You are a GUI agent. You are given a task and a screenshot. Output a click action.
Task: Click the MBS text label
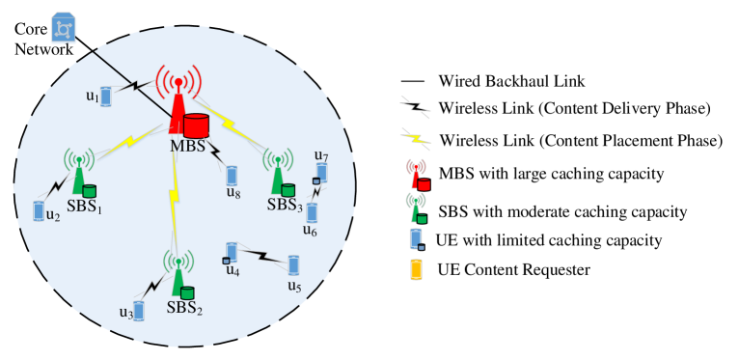pyautogui.click(x=187, y=146)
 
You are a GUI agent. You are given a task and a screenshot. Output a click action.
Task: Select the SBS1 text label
pyautogui.click(x=84, y=207)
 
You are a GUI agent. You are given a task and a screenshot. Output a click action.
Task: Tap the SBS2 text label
pyautogui.click(x=184, y=308)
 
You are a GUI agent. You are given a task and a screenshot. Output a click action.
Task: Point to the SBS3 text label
pyautogui.click(x=285, y=206)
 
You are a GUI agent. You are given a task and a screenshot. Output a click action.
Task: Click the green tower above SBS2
pyautogui.click(x=178, y=275)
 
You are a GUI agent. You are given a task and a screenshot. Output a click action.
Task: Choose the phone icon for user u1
pyautogui.click(x=106, y=97)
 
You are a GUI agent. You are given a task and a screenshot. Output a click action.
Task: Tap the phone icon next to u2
pyautogui.click(x=40, y=210)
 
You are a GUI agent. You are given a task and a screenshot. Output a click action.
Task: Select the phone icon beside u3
pyautogui.click(x=138, y=311)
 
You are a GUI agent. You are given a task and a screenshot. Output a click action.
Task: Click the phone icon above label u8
pyautogui.click(x=232, y=175)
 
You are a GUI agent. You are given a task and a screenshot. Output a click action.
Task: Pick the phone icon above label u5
pyautogui.click(x=293, y=264)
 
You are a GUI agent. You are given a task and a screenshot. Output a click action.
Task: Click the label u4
pyautogui.click(x=233, y=270)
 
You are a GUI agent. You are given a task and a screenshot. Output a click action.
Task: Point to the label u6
pyautogui.click(x=310, y=231)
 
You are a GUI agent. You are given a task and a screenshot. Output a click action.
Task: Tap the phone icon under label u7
pyautogui.click(x=321, y=173)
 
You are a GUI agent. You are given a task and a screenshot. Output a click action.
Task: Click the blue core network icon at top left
pyautogui.click(x=64, y=29)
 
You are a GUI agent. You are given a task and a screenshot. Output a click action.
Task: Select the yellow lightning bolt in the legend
pyautogui.click(x=415, y=137)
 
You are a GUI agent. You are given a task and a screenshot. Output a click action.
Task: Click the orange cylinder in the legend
pyautogui.click(x=416, y=269)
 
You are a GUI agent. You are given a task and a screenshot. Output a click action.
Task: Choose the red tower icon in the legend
pyautogui.click(x=417, y=175)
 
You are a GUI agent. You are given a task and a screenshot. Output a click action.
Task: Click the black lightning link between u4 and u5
pyautogui.click(x=261, y=256)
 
